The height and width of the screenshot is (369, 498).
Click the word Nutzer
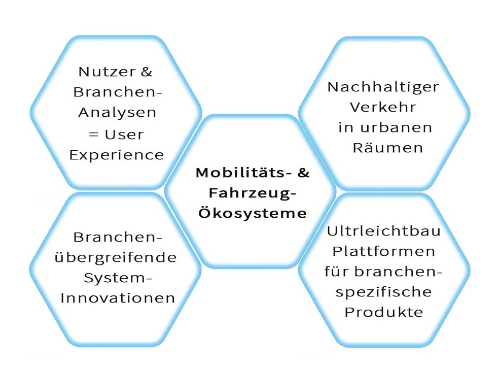107,72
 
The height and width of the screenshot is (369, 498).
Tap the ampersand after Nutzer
147,72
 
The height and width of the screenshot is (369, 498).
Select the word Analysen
117,113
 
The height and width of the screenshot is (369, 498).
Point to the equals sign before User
93,135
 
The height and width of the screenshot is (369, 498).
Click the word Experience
117,155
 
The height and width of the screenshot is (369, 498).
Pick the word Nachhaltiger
383,87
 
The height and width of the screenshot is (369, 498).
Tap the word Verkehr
383,107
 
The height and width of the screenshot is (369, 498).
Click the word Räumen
388,147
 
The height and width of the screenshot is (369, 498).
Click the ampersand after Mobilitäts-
303,173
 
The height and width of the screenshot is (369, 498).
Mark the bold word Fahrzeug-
253,193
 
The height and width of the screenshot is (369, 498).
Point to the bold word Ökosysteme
253,213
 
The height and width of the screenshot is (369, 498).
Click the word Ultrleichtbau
384,231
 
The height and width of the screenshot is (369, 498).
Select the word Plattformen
384,251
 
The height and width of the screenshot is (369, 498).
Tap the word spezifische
384,292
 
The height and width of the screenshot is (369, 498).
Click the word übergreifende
116,257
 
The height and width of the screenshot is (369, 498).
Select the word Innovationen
118,298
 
